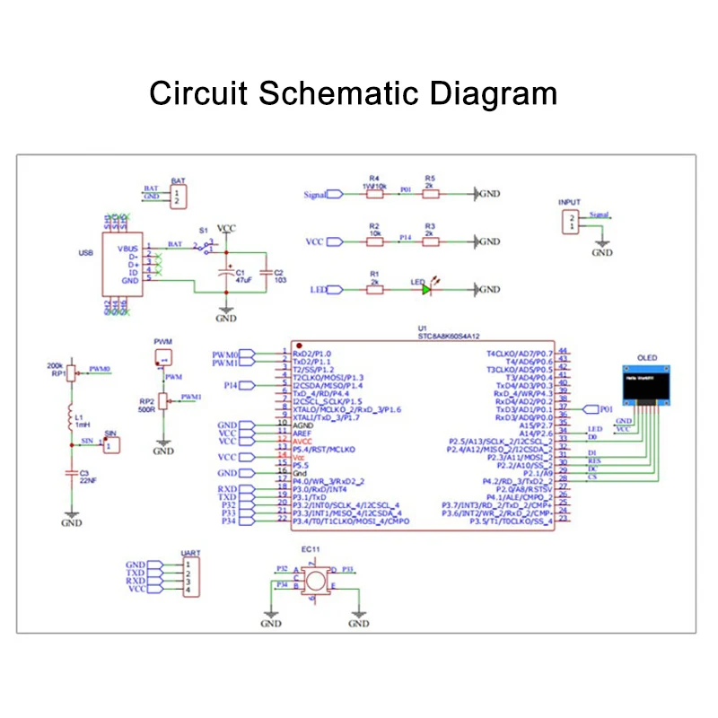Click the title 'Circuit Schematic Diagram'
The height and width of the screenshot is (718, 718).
(353, 92)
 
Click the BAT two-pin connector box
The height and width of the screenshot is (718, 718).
(179, 196)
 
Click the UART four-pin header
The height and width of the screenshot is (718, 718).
(189, 576)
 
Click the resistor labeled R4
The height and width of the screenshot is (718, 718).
(375, 193)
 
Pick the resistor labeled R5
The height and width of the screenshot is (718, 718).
(430, 193)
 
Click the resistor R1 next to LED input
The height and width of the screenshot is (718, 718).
(375, 290)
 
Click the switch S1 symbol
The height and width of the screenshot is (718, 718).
(206, 244)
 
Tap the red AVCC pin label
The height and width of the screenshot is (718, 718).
(303, 442)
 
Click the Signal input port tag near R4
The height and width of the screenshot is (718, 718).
(317, 193)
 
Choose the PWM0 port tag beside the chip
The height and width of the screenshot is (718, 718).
(227, 354)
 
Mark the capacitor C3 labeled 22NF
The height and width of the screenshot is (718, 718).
(71, 473)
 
